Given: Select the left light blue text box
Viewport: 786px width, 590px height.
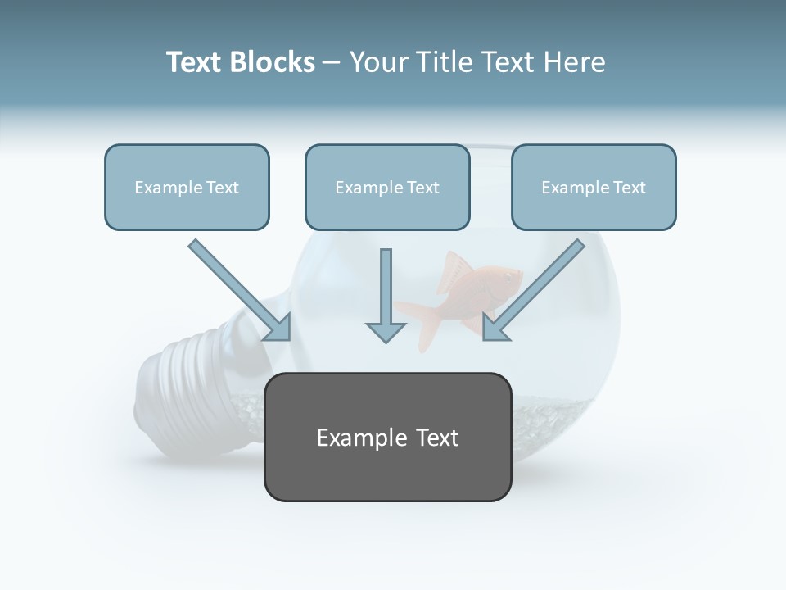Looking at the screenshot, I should pos(187,187).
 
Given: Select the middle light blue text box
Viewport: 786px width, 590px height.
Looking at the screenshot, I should pos(387,187).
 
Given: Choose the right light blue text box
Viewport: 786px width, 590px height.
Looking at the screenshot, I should pos(594,187).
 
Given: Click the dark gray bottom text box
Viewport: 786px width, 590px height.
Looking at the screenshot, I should pos(387,437).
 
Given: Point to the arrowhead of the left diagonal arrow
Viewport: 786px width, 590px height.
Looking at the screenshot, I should pos(278,328).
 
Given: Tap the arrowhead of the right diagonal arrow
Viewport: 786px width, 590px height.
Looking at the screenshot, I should pos(495,328).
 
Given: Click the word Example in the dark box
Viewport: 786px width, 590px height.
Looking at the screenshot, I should pos(351,438).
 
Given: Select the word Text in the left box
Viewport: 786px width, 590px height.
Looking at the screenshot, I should pos(223,188).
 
